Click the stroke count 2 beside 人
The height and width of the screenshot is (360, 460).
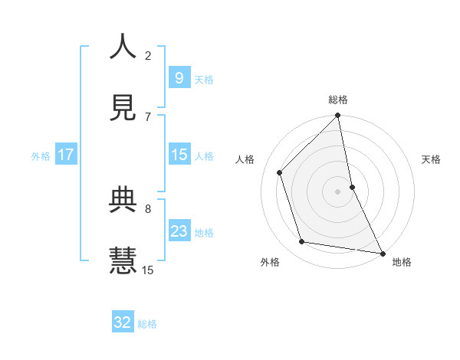[x=148, y=55]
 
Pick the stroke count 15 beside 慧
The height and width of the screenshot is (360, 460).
[x=148, y=270]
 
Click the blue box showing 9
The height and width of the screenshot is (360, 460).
[x=179, y=77]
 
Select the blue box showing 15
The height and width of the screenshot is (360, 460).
[x=179, y=155]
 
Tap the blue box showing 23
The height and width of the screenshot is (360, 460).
[x=179, y=231]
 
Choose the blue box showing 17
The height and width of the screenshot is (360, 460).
[x=66, y=155]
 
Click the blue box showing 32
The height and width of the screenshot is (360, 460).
[x=123, y=322]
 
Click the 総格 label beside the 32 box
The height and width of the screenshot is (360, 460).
[x=147, y=324]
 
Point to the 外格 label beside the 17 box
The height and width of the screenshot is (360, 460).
[x=41, y=156]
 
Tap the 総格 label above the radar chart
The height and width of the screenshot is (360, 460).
[x=338, y=100]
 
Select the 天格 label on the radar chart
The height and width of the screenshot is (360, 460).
[x=432, y=160]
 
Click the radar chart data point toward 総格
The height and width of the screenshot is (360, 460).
[x=338, y=116]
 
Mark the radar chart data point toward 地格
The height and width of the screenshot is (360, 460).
[x=382, y=253]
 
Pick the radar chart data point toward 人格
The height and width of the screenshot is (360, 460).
[x=280, y=172]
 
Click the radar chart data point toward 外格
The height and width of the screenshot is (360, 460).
[x=302, y=242]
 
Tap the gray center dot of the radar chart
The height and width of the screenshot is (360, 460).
[x=338, y=191]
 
